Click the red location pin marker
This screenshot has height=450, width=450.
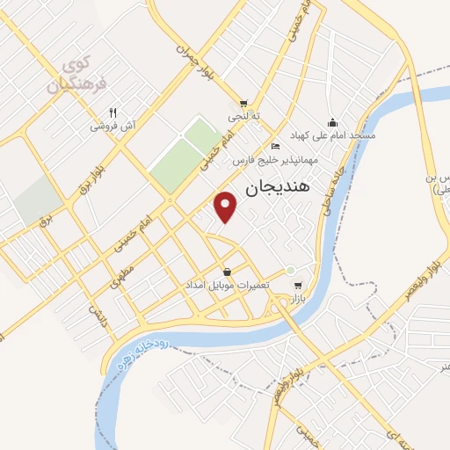[227, 206]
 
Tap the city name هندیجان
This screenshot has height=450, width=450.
[272, 186]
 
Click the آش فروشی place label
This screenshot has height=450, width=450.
[113, 126]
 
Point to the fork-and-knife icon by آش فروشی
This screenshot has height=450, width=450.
[113, 112]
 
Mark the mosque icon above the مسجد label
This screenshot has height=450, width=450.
[332, 122]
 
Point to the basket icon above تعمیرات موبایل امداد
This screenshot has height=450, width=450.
[228, 272]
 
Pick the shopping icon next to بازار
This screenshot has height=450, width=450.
[299, 286]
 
